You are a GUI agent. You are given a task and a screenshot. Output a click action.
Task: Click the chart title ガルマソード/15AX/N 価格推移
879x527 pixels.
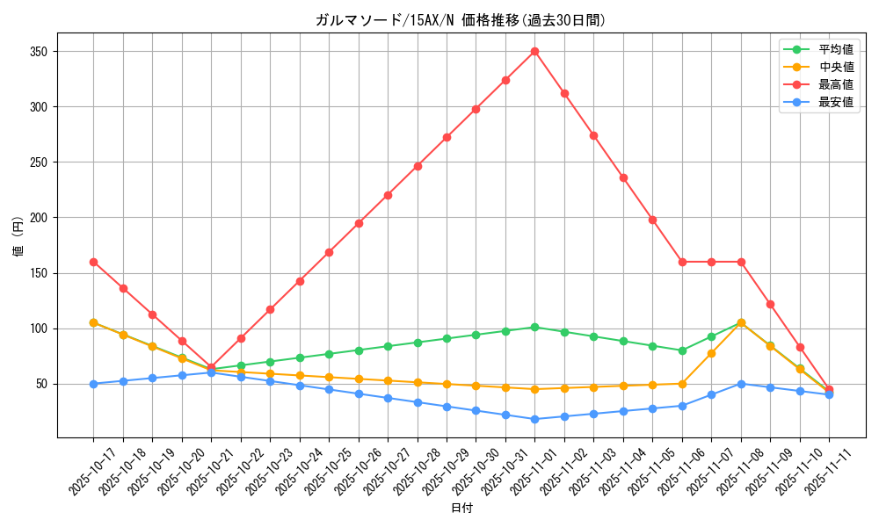click(x=461, y=20)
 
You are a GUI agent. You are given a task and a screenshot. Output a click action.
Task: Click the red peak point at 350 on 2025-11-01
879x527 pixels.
click(x=534, y=51)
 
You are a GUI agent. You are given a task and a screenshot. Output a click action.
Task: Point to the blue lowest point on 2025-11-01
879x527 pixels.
click(x=534, y=419)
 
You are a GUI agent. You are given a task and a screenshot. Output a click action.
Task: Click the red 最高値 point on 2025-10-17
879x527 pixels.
click(x=93, y=262)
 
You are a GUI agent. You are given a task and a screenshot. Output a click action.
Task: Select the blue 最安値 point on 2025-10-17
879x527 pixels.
click(x=93, y=384)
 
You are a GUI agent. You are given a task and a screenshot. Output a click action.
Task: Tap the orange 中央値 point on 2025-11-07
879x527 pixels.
click(x=711, y=353)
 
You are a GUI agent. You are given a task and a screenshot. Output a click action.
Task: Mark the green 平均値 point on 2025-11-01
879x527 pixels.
click(x=534, y=327)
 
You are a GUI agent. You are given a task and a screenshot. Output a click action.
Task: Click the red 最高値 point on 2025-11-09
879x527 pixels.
click(x=770, y=304)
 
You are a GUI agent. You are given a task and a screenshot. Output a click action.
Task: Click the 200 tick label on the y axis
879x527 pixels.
click(x=38, y=218)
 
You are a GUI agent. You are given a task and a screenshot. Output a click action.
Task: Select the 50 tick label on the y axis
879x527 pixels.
click(x=40, y=384)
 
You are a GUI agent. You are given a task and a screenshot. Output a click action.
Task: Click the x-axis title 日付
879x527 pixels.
click(x=461, y=509)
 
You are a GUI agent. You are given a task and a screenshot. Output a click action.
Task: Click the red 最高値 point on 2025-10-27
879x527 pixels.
click(x=388, y=195)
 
